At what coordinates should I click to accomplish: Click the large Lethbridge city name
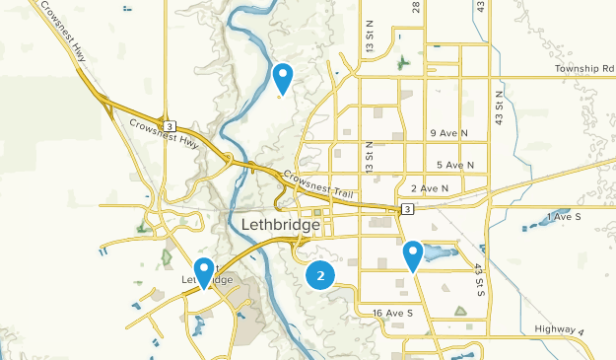point(280,225)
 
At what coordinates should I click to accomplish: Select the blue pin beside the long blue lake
point(413,253)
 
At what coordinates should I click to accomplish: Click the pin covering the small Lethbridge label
point(205,270)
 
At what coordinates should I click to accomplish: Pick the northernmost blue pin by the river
point(283,76)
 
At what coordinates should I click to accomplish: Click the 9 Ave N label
point(448,133)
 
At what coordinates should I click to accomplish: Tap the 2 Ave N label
point(430,188)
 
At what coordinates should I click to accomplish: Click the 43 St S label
point(479,280)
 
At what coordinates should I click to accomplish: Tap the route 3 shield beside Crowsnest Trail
point(405,209)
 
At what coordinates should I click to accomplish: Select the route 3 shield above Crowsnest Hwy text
point(171,126)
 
